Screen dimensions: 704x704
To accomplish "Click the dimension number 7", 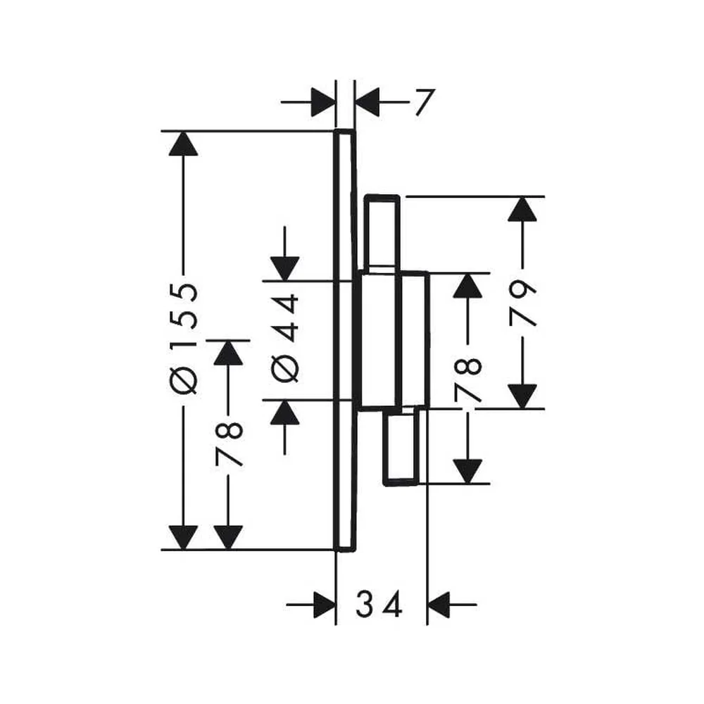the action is click(425, 102).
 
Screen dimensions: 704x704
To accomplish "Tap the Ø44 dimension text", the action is click(285, 338).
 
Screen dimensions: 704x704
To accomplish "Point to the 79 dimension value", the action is click(522, 303).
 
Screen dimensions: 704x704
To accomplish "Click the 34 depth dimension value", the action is click(379, 604).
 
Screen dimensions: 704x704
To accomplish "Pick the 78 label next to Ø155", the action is click(229, 444).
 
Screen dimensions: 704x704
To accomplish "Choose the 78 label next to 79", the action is click(468, 380).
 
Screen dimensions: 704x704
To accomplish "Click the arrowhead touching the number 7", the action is click(367, 102).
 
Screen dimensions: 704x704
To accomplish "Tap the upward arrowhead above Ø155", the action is click(183, 144).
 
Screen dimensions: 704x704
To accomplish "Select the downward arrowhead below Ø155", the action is click(183, 537).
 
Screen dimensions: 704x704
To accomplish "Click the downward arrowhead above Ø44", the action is click(284, 268).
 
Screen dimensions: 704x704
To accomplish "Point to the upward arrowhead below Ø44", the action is click(284, 412).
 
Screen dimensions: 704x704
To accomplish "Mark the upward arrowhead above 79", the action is click(522, 209).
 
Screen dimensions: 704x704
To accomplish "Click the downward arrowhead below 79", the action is click(522, 396).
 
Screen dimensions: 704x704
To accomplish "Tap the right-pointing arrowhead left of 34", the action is click(324, 605).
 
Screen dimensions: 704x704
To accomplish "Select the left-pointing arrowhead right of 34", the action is click(439, 605).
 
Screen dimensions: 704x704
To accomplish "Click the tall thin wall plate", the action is click(345, 340).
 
